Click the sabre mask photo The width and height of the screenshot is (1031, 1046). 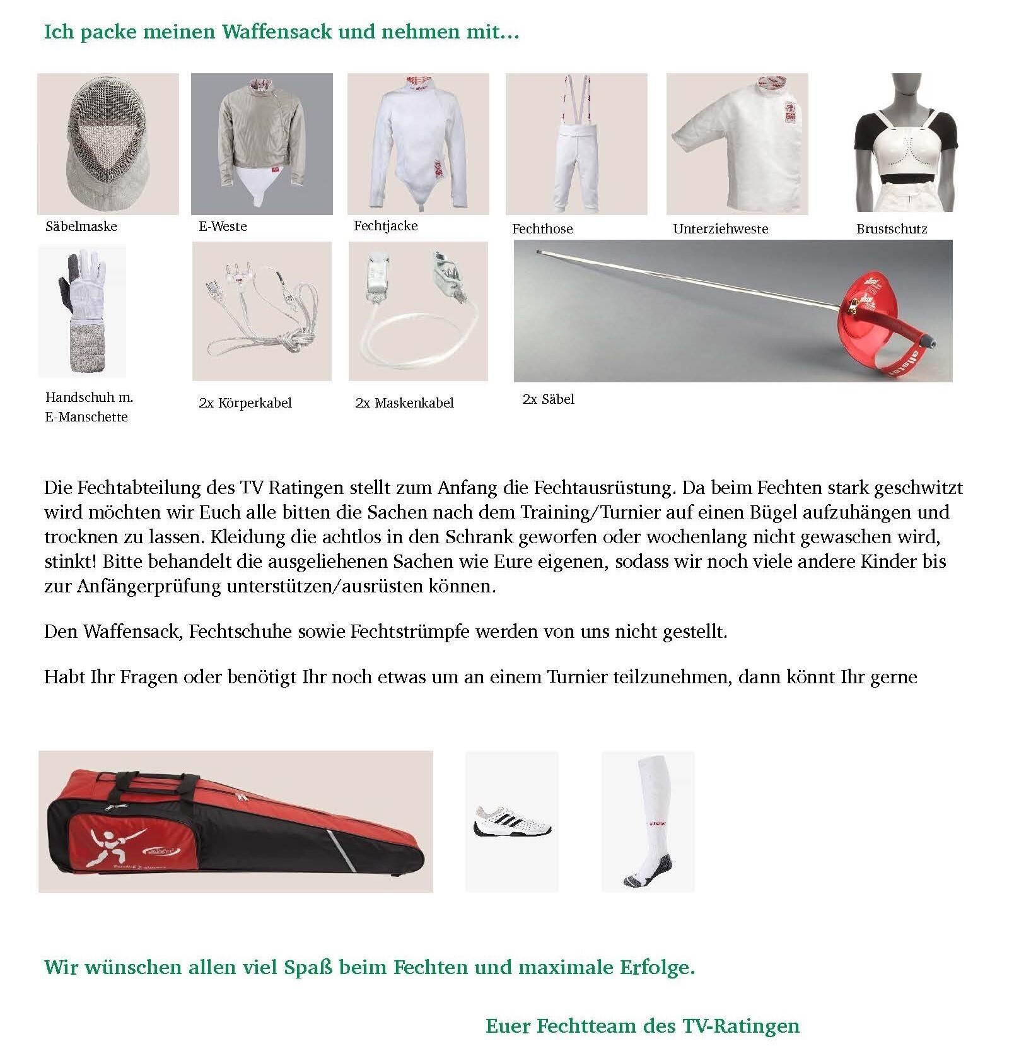(108, 144)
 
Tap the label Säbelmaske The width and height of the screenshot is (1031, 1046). (81, 226)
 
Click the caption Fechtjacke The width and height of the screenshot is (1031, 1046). (386, 226)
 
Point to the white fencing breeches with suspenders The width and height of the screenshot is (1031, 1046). (576, 151)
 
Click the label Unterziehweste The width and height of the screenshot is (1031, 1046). (721, 229)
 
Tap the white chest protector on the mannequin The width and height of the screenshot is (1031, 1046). (906, 151)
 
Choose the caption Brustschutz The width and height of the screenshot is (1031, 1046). (892, 229)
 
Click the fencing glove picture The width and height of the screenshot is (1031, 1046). (83, 311)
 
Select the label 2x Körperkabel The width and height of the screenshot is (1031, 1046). (245, 403)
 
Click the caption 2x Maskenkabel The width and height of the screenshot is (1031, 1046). (404, 403)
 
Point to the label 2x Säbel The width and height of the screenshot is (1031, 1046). (549, 399)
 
